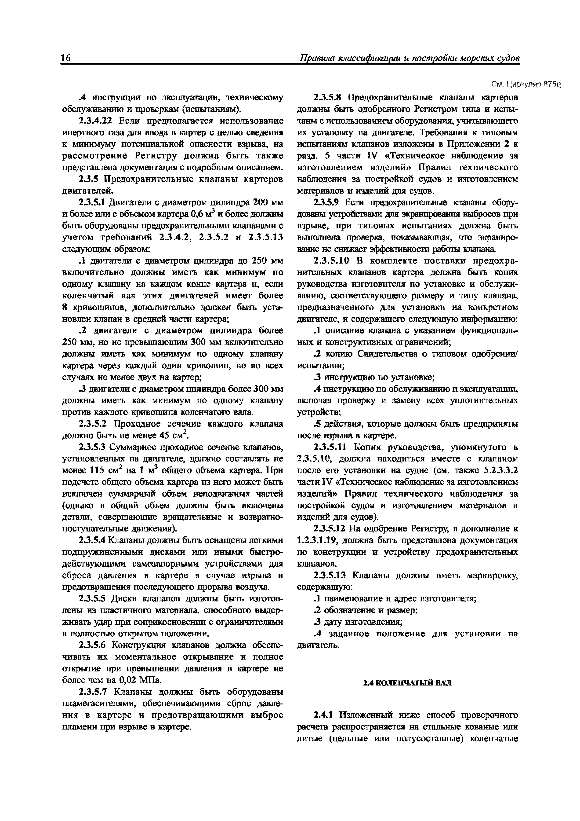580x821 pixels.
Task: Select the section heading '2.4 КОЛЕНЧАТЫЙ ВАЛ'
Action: [x=407, y=683]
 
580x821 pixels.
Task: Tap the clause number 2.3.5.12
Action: [x=330, y=528]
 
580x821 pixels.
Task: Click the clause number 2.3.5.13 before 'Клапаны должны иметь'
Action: [x=330, y=575]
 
